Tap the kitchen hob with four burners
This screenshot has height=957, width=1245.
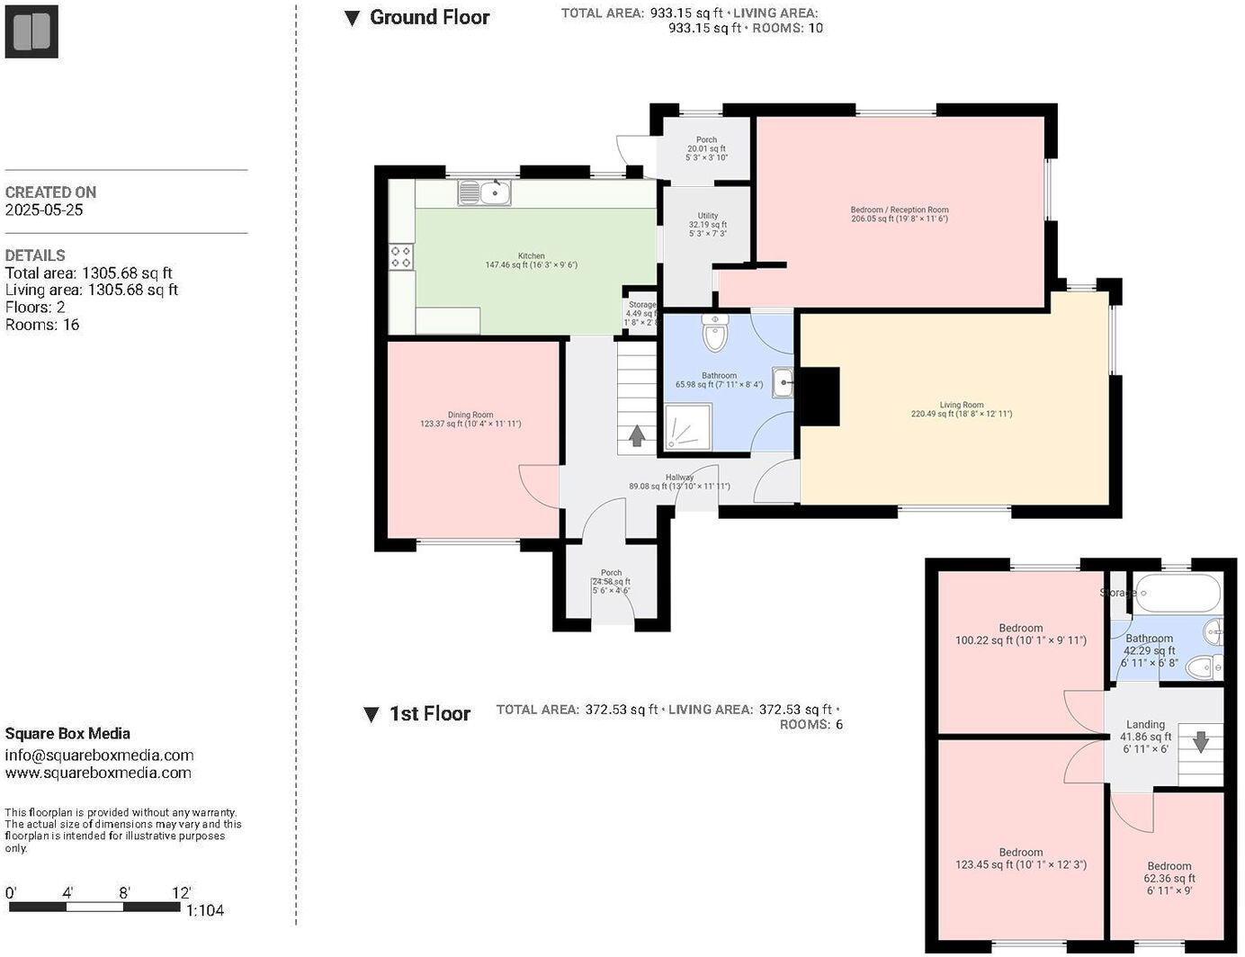401,256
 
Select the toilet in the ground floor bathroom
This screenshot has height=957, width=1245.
715,335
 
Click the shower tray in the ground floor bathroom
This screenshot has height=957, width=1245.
688,426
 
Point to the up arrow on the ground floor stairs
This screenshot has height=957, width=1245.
637,436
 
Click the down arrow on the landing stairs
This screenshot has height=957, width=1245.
1200,742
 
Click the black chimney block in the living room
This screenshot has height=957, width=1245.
819,396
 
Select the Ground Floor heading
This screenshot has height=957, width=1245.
429,17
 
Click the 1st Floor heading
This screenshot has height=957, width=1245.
429,714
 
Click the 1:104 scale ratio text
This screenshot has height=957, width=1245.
205,910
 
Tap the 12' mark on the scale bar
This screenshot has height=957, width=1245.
182,893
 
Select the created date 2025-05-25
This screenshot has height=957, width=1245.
44,210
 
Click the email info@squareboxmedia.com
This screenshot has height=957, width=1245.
99,755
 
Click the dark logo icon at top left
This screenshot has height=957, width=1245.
31,31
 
